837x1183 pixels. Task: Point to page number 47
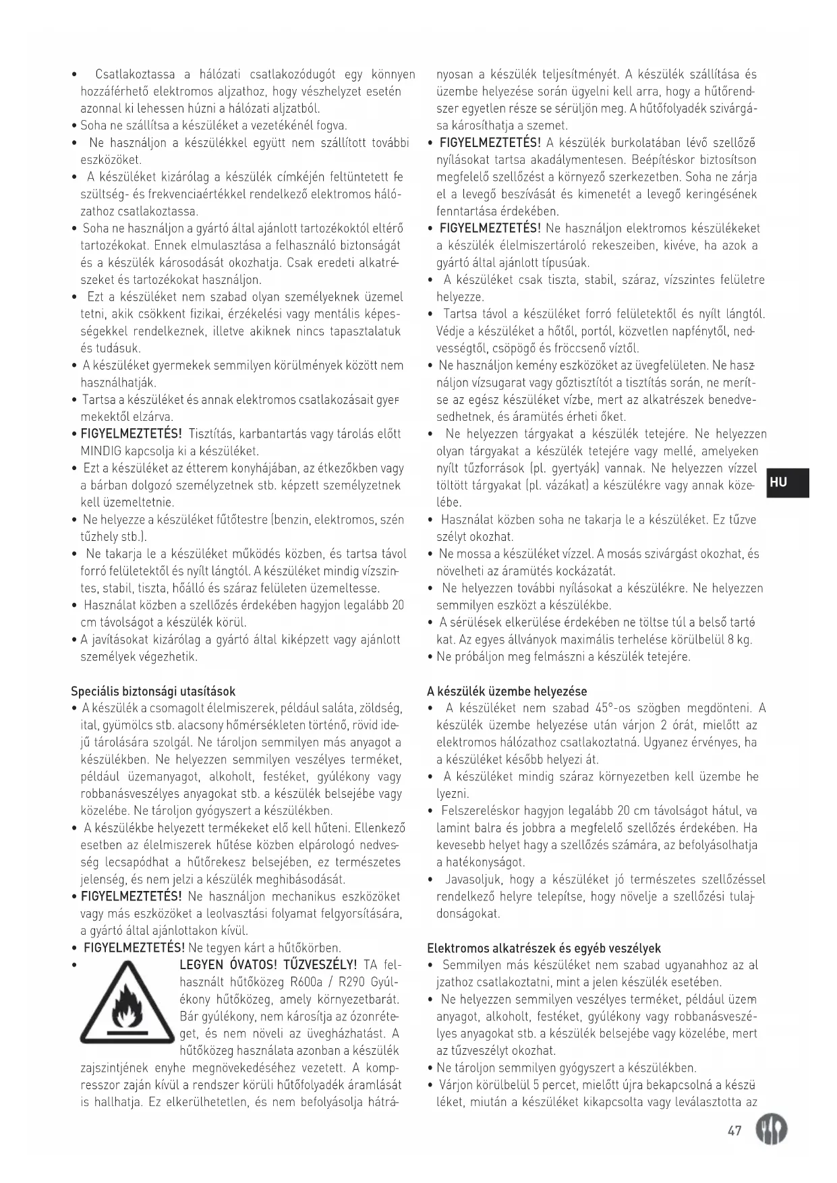click(x=734, y=1131)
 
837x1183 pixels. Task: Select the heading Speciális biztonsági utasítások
click(x=153, y=691)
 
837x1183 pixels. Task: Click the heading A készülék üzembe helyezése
click(x=507, y=691)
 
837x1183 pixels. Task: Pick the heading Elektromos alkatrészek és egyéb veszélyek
click(x=544, y=948)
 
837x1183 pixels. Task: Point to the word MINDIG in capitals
click(x=99, y=451)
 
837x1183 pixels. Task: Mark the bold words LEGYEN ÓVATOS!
click(x=227, y=965)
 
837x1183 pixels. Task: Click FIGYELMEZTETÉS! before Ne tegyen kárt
click(x=134, y=948)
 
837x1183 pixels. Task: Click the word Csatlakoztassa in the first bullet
click(x=135, y=74)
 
